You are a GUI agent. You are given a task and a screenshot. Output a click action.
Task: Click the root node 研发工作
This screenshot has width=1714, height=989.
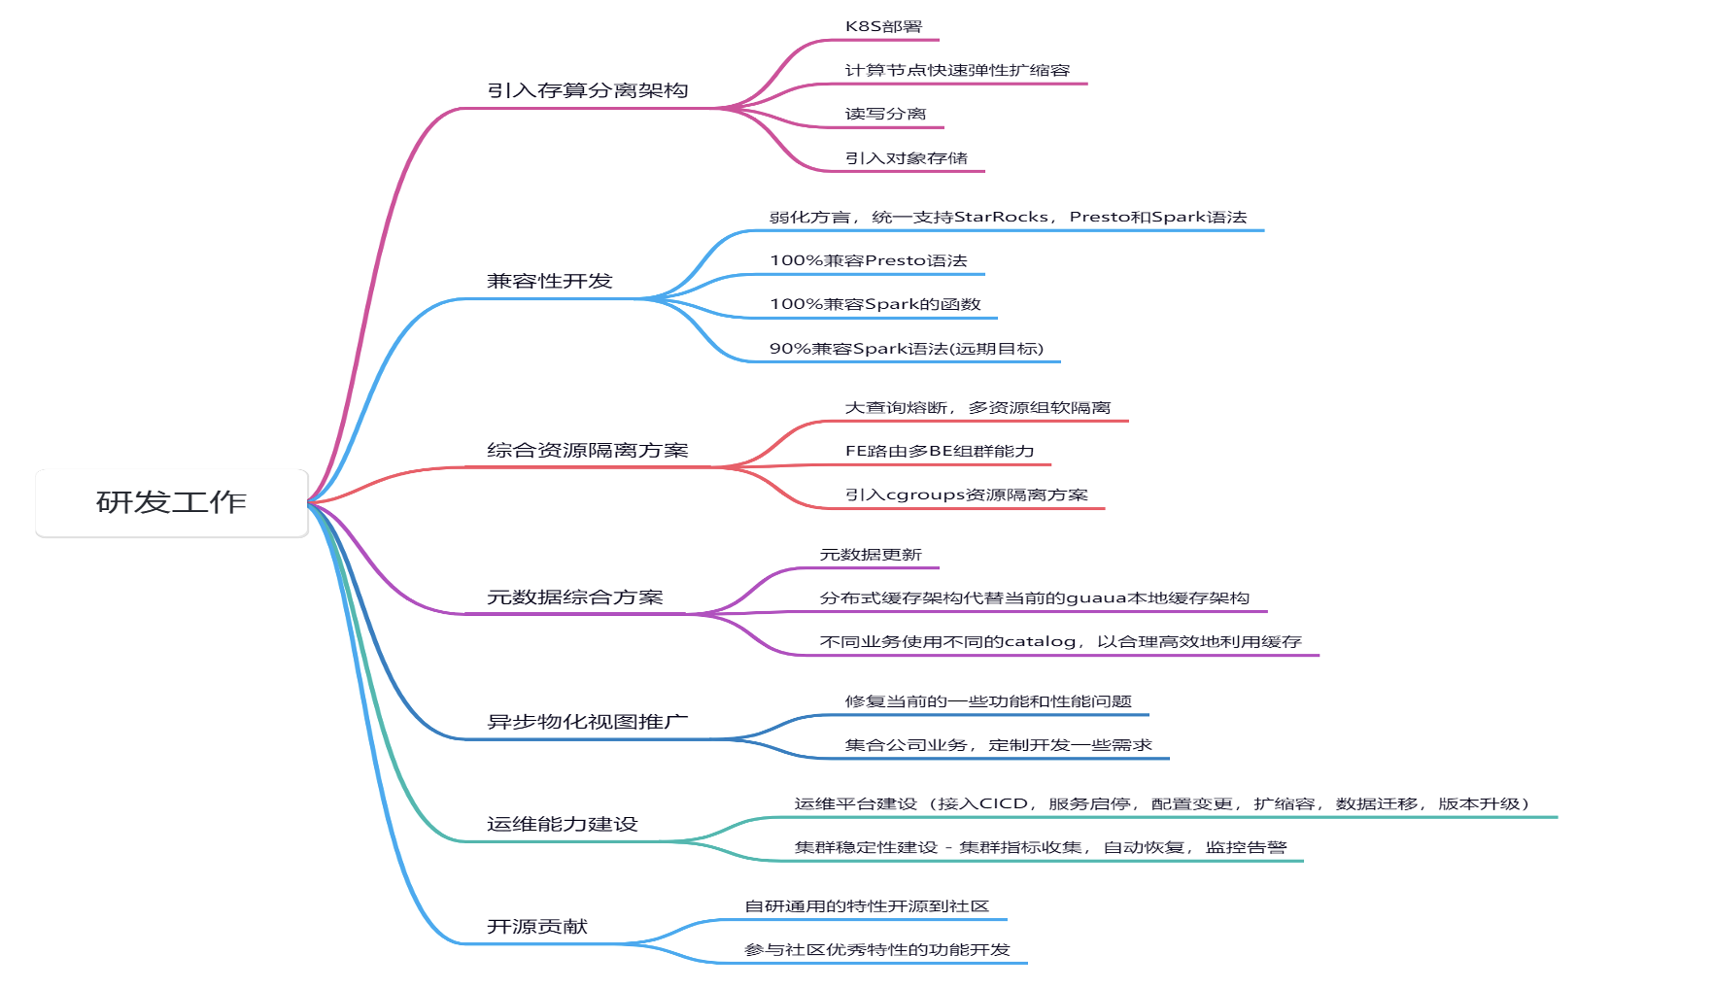tap(172, 502)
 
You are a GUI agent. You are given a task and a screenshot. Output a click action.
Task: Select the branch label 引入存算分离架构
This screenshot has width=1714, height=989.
tap(588, 90)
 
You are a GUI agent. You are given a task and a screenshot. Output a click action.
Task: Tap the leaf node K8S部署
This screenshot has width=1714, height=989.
tap(883, 26)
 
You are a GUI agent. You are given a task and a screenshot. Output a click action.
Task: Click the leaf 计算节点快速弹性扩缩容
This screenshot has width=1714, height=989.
tap(957, 70)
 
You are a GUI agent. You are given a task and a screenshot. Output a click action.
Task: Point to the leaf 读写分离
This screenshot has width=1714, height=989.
tap(885, 114)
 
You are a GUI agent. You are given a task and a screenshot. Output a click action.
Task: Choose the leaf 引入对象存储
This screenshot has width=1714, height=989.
tap(906, 157)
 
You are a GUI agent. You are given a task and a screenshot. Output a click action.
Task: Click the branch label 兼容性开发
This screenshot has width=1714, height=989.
tap(550, 281)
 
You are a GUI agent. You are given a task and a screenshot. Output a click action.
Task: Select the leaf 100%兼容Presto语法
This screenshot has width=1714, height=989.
tap(869, 260)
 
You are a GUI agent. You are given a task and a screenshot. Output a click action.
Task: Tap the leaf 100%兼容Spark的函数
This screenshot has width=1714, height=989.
tap(875, 304)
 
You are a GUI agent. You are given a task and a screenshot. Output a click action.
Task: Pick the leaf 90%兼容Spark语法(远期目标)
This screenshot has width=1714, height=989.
tap(907, 348)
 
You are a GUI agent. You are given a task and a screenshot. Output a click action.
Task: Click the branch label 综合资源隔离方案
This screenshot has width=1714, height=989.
tap(588, 450)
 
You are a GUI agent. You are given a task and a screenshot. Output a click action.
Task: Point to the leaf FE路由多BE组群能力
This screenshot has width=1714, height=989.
tap(940, 451)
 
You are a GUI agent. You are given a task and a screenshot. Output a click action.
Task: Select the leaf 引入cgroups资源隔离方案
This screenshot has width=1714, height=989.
tap(966, 494)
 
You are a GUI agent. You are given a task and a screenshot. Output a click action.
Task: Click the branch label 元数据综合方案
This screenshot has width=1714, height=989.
tap(575, 597)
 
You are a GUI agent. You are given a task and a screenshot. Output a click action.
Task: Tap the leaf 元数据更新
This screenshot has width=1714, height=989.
tap(871, 554)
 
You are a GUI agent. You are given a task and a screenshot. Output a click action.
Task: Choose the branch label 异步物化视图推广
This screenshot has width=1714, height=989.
tap(588, 721)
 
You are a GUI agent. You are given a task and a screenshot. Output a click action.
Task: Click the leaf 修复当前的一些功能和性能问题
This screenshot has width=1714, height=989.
tap(988, 700)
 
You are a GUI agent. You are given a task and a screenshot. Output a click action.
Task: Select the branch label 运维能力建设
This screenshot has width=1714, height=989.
tap(563, 824)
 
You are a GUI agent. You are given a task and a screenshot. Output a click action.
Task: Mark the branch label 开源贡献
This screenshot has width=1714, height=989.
tap(537, 926)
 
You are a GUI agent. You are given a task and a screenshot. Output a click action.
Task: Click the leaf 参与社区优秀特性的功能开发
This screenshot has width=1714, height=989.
tap(877, 949)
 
